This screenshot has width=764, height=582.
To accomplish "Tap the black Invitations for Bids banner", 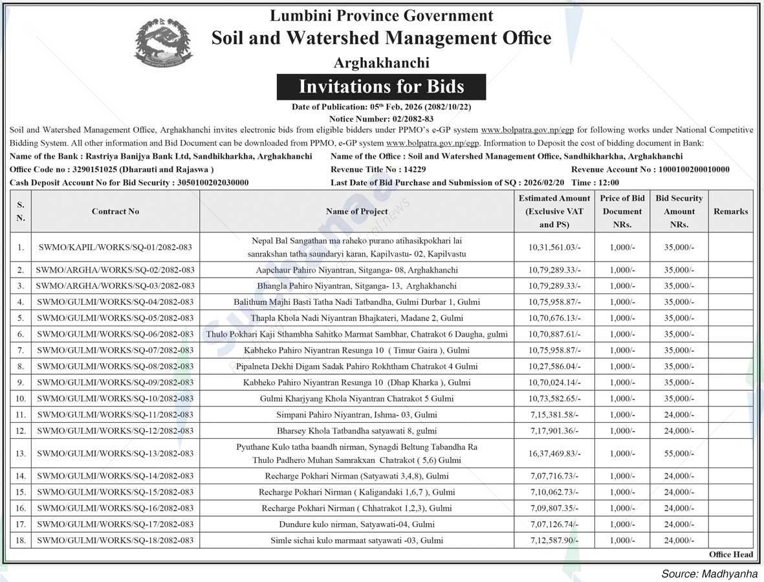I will (x=381, y=87).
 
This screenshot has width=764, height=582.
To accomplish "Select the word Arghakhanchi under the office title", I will (x=381, y=63).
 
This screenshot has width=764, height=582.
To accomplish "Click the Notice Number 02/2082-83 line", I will (x=381, y=118).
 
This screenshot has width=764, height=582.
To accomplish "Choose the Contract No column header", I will (x=115, y=211).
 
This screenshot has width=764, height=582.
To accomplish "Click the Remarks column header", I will (x=730, y=211).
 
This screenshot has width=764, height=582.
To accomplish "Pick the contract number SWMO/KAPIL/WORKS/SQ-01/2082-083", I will (x=115, y=247).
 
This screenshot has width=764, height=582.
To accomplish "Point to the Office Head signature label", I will (x=730, y=554).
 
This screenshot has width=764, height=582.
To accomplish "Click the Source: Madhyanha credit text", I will (x=709, y=574).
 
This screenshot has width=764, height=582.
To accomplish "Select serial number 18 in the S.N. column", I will (x=21, y=540).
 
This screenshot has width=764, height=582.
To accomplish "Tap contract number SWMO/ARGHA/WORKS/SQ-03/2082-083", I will (x=115, y=285).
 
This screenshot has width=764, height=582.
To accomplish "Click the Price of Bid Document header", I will (x=622, y=211).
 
